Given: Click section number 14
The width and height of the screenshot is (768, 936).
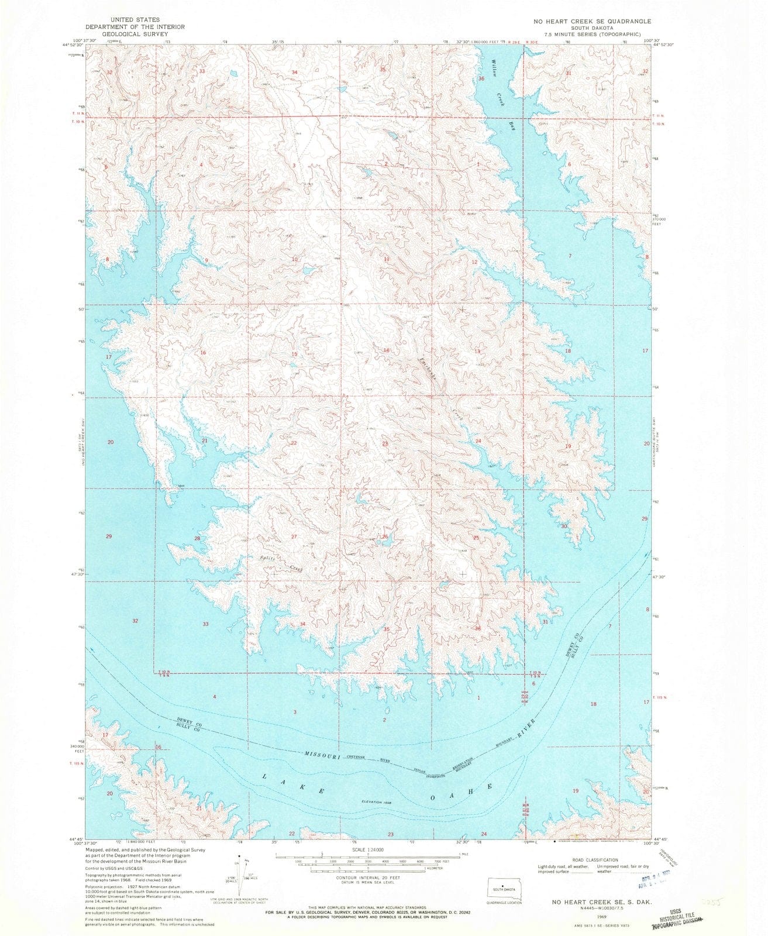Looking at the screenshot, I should point(386,350).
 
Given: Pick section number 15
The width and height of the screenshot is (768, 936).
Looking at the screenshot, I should point(295,355).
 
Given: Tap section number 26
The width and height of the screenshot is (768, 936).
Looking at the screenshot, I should point(385,537).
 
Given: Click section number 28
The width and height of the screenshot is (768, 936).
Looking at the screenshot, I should point(198,538).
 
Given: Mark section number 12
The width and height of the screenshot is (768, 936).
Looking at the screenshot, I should point(475,263).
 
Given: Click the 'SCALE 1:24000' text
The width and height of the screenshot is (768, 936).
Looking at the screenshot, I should point(367,849).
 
